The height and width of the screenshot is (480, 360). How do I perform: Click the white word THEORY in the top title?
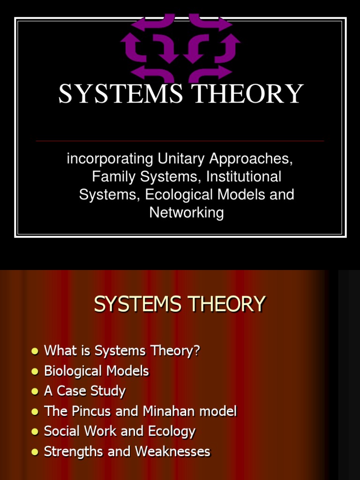[249, 94]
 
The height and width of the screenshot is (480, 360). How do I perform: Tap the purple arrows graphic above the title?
[180, 47]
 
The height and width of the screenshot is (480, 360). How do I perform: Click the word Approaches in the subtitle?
[251, 159]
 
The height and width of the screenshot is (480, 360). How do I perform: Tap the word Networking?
[187, 212]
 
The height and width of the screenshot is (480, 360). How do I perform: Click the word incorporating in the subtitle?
[110, 159]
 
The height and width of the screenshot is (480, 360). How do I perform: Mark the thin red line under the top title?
[180, 141]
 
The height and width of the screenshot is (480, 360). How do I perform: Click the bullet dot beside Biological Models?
[34, 372]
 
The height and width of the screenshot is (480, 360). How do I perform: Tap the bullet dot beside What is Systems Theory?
[34, 352]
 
